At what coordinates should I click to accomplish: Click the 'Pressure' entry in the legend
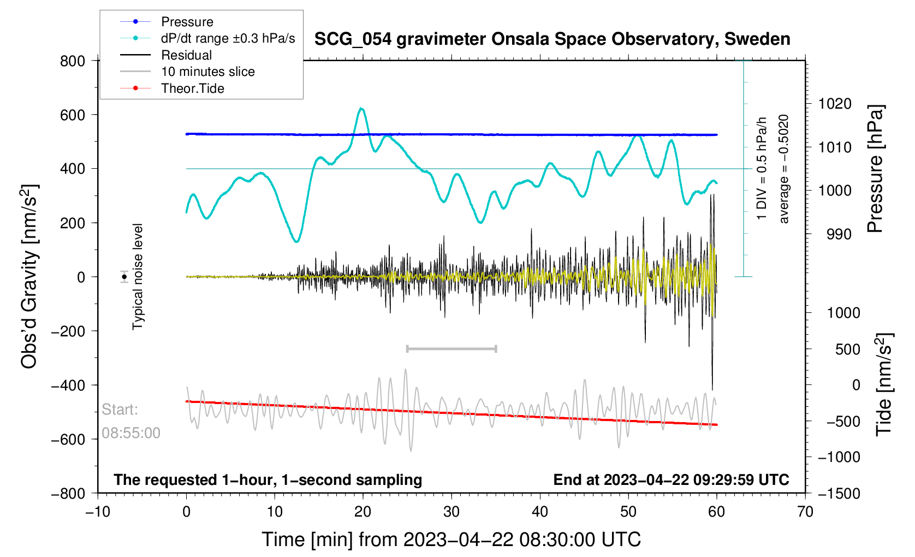(187, 22)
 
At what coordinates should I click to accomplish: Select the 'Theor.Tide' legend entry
(192, 88)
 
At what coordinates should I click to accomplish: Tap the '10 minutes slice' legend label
(207, 72)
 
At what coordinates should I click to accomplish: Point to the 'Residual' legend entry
(186, 55)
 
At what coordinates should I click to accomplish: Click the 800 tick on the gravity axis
(73, 61)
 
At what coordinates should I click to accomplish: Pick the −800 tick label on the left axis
(68, 494)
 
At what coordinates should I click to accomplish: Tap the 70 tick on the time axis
(805, 512)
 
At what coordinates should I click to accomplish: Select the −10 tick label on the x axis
(98, 512)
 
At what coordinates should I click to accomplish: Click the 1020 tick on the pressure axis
(834, 104)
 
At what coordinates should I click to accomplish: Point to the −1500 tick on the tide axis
(839, 494)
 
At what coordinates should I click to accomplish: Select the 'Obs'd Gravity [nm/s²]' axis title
(29, 276)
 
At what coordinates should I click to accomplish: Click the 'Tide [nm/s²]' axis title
(883, 384)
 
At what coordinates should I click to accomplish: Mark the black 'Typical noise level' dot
(124, 277)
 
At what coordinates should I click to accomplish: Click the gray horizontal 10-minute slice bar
(451, 348)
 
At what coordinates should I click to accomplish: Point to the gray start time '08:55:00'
(131, 433)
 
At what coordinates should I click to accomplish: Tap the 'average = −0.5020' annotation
(784, 169)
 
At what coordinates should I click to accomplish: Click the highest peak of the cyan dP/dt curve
(361, 109)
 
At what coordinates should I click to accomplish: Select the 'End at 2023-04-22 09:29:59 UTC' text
(671, 480)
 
